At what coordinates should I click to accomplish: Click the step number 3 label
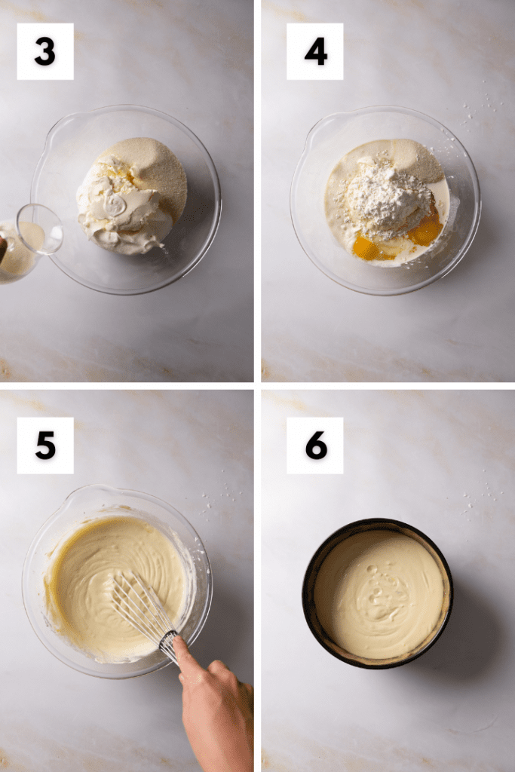[x=45, y=51]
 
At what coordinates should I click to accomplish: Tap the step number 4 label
[x=315, y=51]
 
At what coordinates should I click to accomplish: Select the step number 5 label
[x=45, y=446]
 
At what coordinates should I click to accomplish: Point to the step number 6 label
[x=315, y=446]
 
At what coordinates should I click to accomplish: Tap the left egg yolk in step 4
[x=370, y=247]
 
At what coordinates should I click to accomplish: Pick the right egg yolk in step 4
[x=426, y=229]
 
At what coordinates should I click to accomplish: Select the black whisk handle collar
[x=168, y=640]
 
